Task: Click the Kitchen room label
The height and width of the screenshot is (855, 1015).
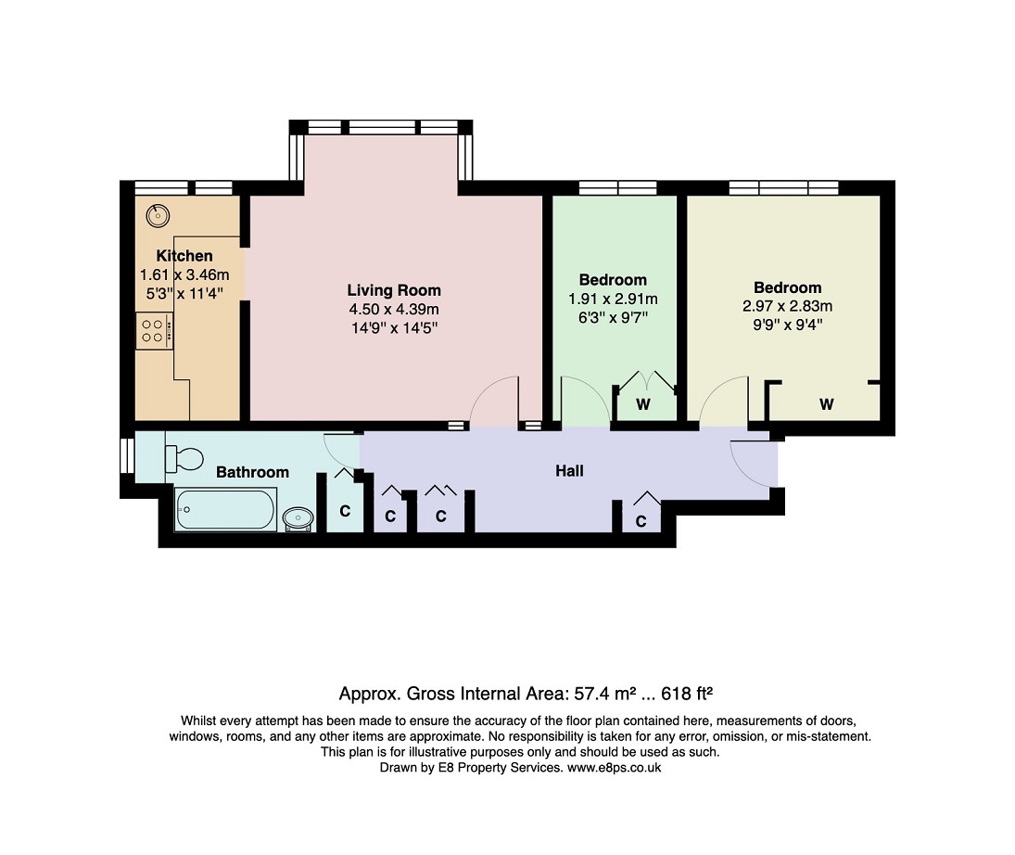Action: click(x=184, y=256)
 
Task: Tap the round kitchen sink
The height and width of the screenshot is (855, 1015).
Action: click(x=158, y=216)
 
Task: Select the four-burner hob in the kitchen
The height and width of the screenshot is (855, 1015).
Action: click(x=155, y=331)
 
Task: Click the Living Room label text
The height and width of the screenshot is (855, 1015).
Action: click(x=394, y=291)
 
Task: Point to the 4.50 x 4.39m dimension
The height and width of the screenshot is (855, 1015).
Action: click(x=394, y=309)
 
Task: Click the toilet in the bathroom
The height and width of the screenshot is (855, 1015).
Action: click(x=184, y=459)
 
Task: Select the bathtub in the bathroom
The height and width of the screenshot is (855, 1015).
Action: click(x=226, y=509)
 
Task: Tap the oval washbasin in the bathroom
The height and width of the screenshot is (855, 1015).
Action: click(x=298, y=518)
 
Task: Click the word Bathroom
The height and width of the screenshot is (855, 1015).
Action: click(x=252, y=472)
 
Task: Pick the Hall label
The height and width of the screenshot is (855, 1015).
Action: click(x=570, y=471)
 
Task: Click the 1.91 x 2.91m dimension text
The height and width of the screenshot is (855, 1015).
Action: click(x=613, y=300)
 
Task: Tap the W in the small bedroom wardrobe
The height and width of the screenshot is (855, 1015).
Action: click(x=642, y=405)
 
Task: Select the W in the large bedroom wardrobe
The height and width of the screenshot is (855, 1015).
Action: click(x=827, y=405)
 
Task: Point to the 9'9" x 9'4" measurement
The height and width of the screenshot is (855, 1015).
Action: click(x=787, y=325)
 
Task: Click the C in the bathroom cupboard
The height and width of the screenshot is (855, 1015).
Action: click(x=345, y=511)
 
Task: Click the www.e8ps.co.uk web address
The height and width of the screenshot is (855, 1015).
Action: click(x=615, y=768)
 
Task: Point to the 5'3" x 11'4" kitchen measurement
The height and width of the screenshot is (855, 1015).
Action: click(x=184, y=293)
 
